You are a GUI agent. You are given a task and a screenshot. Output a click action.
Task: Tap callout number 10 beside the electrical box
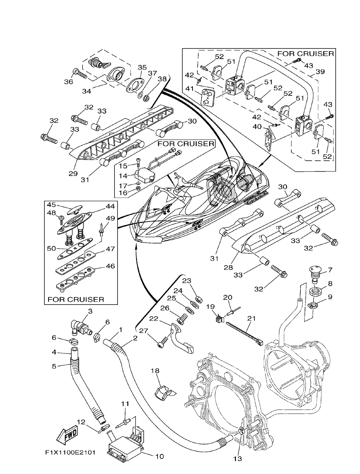coord(159,457)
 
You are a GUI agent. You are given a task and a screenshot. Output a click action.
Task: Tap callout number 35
coord(142,67)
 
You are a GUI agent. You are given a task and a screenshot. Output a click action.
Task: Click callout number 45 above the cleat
coord(52,205)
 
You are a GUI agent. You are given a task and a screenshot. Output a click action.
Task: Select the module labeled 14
coord(143,175)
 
